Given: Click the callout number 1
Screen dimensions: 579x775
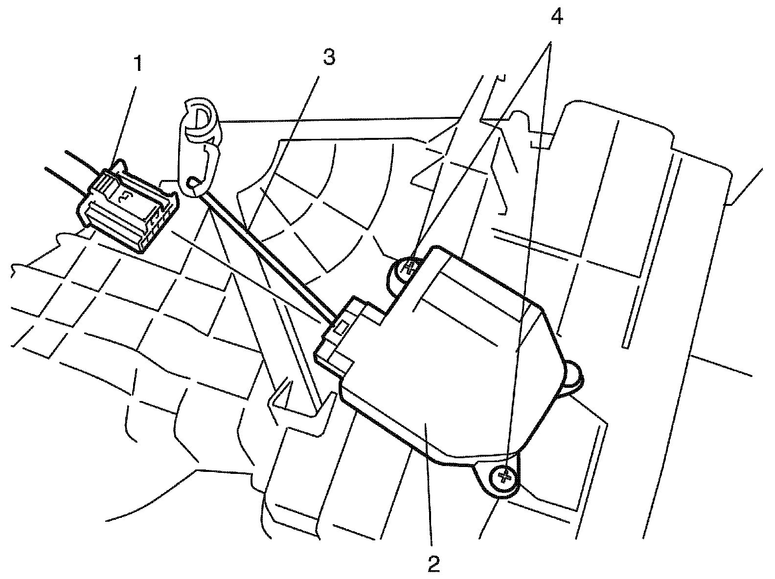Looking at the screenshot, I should (x=138, y=64).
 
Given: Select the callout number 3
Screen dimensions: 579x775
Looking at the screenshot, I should (x=329, y=58).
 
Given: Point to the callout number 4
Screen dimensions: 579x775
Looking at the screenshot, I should (x=556, y=18).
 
